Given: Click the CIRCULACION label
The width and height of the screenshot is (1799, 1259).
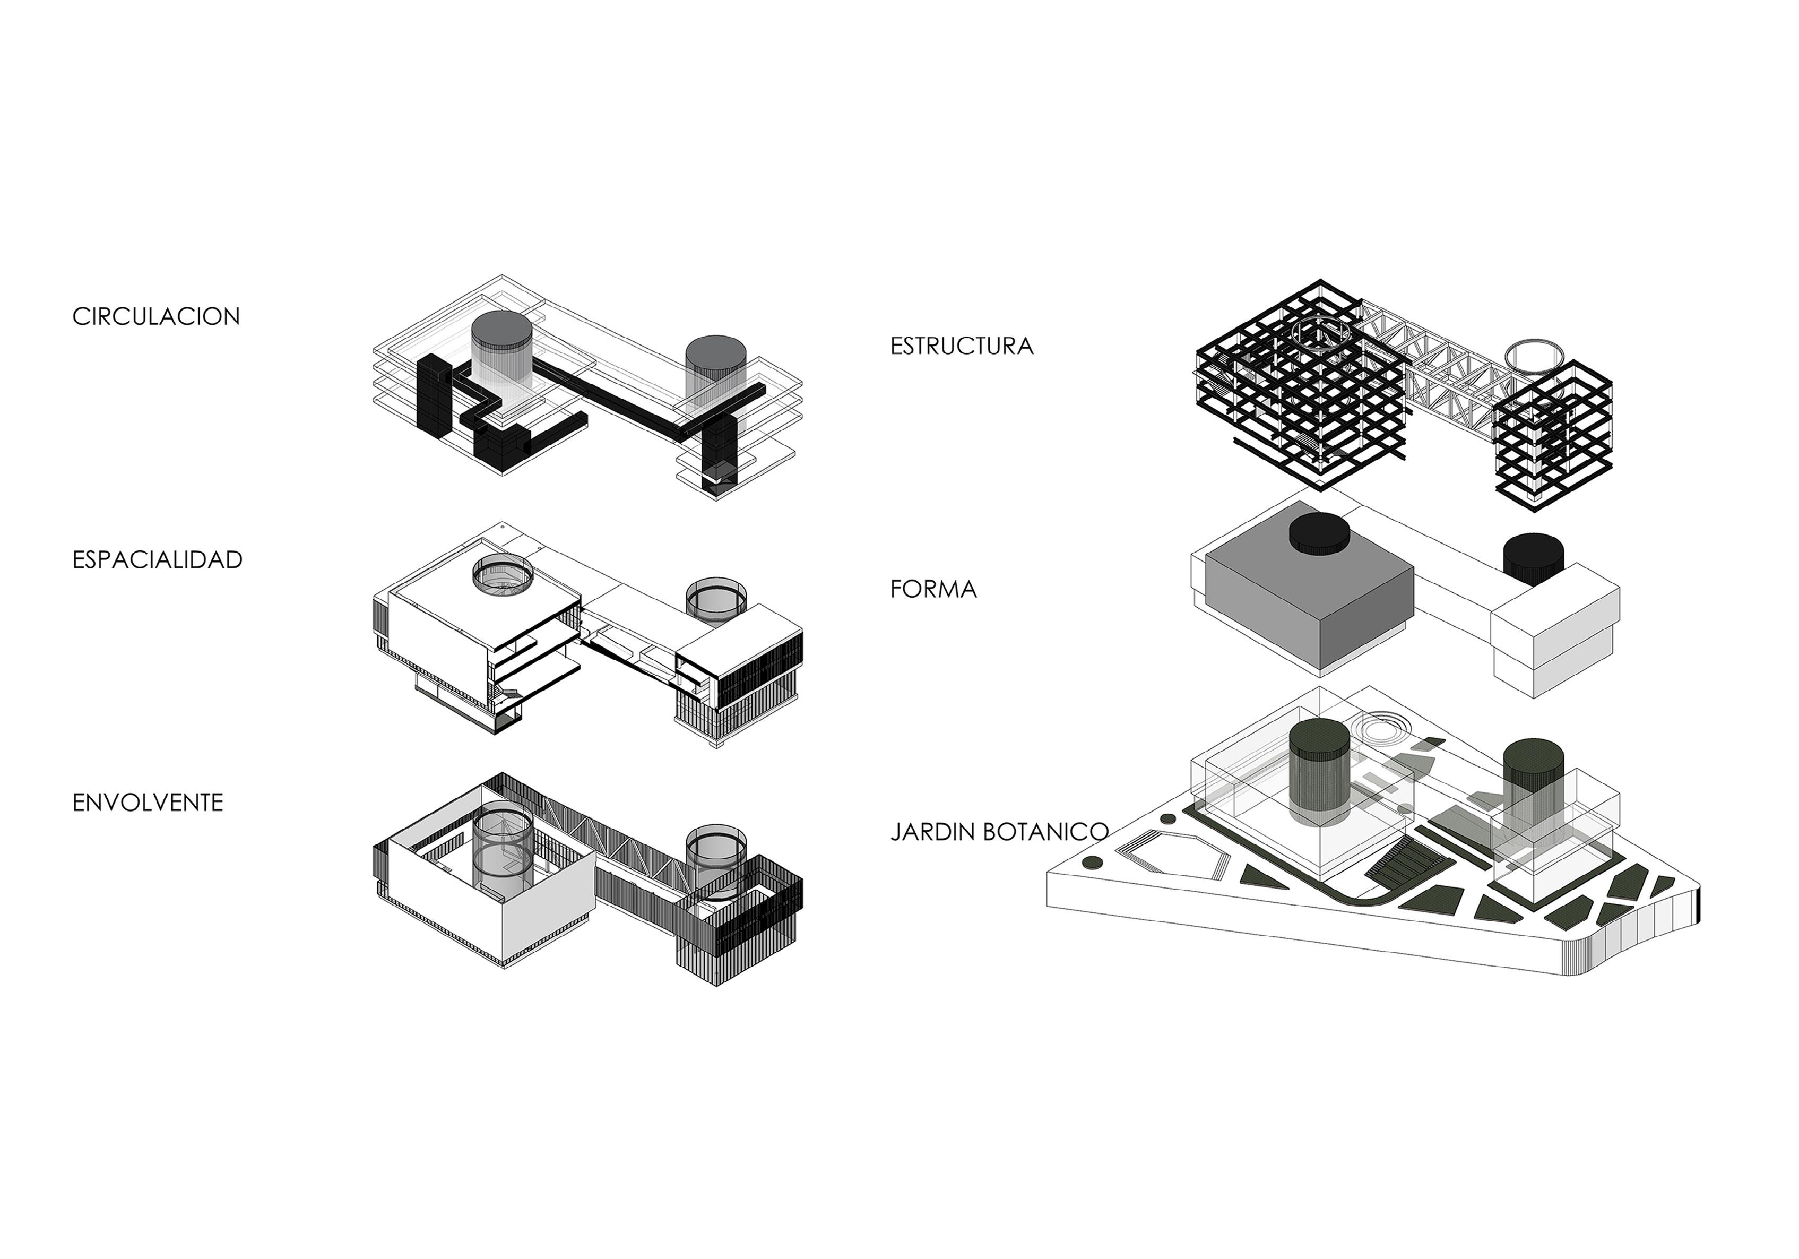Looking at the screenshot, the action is (x=156, y=316).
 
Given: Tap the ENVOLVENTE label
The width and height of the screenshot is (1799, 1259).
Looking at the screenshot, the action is (x=148, y=802).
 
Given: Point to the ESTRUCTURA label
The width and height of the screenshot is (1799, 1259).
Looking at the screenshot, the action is (x=962, y=346).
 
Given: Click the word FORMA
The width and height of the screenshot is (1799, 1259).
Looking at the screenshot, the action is (x=933, y=589).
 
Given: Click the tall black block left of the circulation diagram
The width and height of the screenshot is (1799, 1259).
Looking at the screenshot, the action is (x=432, y=395).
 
